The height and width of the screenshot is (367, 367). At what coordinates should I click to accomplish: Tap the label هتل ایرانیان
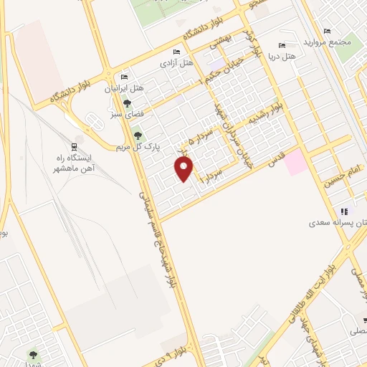pos(125,88)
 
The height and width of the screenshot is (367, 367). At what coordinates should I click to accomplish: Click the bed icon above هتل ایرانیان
pos(125,77)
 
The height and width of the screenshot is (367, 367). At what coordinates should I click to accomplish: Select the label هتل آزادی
pos(177,63)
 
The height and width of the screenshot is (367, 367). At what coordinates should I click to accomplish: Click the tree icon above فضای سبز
pos(128,103)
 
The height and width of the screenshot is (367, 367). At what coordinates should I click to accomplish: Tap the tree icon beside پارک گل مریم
pos(138,135)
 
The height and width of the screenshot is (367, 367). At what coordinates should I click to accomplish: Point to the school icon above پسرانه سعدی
pos(344,211)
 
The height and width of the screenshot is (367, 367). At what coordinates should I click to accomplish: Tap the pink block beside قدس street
pos(295,163)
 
